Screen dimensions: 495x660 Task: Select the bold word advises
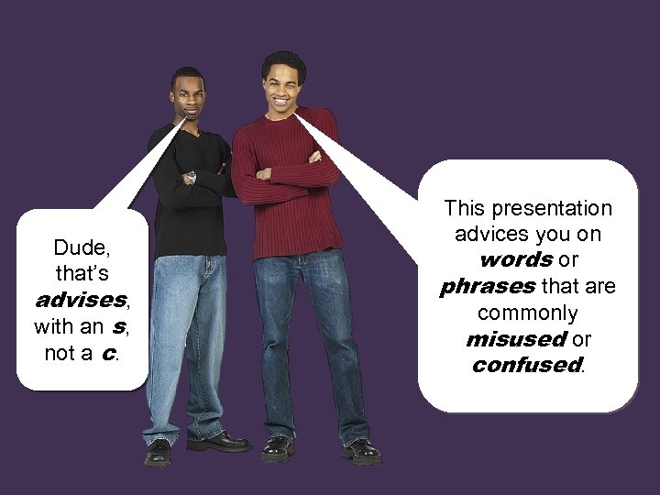coord(79,300)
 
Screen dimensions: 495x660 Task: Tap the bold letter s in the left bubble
coord(118,326)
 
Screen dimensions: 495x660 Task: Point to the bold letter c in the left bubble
coord(109,353)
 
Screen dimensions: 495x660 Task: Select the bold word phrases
coord(487,287)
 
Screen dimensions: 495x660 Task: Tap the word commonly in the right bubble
coord(526,313)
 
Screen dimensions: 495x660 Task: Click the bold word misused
coord(515,339)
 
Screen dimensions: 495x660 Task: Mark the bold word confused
coord(526,365)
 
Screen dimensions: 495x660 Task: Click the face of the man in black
coord(188,96)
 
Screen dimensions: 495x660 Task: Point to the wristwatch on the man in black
coord(192,174)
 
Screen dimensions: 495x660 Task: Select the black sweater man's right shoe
coord(158,452)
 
